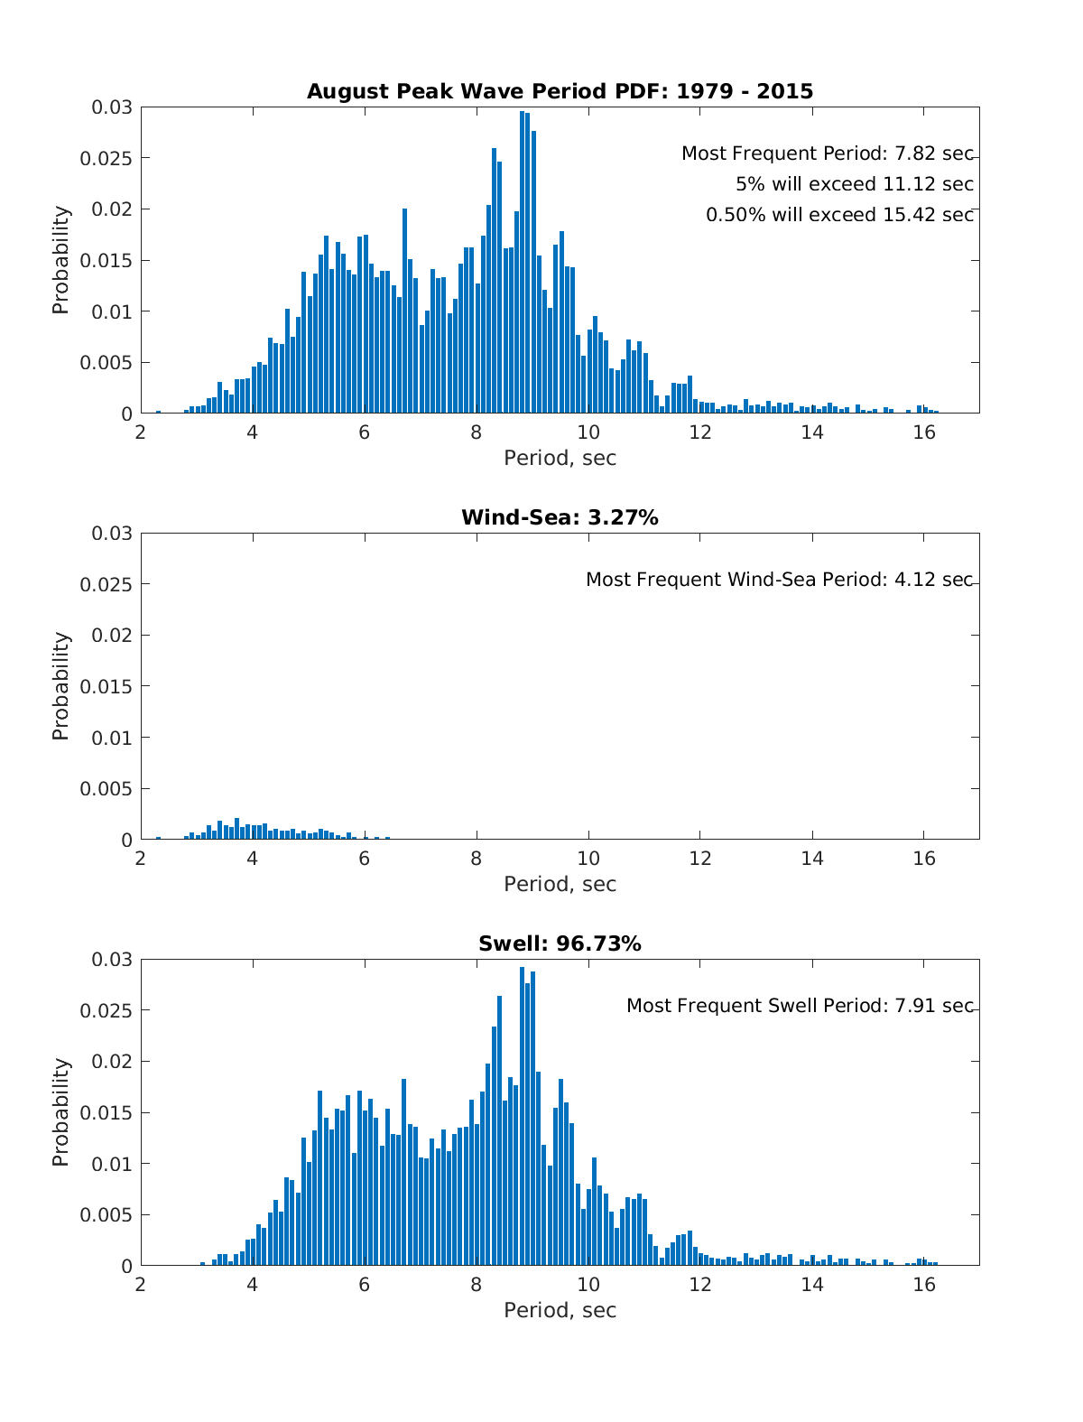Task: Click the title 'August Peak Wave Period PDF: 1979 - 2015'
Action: tap(560, 91)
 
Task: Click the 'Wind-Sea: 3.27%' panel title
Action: tap(560, 517)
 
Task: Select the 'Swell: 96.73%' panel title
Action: tap(560, 943)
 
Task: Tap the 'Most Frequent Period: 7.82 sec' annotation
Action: tap(827, 153)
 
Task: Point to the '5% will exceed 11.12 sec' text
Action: tap(854, 184)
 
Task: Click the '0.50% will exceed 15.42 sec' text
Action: tap(839, 215)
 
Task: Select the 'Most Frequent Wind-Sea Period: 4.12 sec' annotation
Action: tap(779, 580)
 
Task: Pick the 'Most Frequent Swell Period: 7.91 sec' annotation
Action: tap(800, 1006)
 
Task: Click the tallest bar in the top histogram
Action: tap(523, 262)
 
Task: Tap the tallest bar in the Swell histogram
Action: tap(523, 1116)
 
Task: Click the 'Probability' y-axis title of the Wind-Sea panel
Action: tap(60, 686)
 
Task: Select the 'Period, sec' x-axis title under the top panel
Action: tap(560, 459)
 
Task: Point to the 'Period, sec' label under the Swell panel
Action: tap(560, 1311)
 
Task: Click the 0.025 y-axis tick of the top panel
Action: tap(111, 159)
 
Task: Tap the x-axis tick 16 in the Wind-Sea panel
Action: tap(923, 858)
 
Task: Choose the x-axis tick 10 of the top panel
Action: tap(588, 432)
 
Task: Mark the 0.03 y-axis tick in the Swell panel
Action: tap(111, 959)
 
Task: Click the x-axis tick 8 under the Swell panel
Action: tap(477, 1284)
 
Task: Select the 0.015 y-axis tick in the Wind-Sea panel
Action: tap(111, 687)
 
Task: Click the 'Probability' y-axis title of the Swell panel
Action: tap(60, 1112)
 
